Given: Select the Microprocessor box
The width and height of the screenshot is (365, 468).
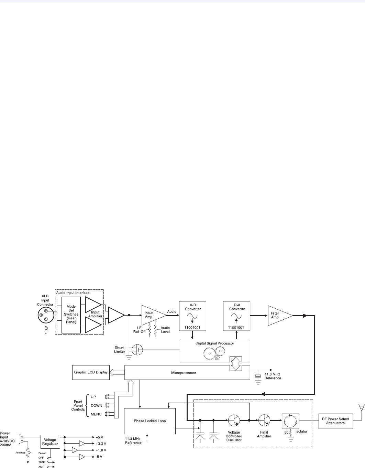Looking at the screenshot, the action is click(184, 373).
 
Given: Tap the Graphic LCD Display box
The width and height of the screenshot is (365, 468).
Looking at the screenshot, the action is click(91, 372).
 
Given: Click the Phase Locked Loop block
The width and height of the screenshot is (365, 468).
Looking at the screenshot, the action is click(150, 421).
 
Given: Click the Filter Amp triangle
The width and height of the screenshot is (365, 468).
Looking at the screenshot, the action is click(278, 315).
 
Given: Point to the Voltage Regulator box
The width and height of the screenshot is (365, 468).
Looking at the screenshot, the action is click(50, 442).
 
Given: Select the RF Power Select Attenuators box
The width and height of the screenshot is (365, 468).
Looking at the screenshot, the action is click(335, 421).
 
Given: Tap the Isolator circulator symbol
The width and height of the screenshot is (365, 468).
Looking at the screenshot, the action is click(290, 421).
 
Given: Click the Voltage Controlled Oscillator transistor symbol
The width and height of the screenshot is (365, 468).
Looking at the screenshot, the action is click(234, 421).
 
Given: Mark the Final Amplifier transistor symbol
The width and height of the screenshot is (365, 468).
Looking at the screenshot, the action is click(264, 421).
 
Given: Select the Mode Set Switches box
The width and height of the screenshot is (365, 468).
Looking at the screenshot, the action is click(71, 314).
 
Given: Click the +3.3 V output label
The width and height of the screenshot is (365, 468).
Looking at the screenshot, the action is click(101, 444).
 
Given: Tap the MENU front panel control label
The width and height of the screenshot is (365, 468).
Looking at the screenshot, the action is click(96, 414).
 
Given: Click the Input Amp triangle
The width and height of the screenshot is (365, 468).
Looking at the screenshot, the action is click(151, 315).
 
